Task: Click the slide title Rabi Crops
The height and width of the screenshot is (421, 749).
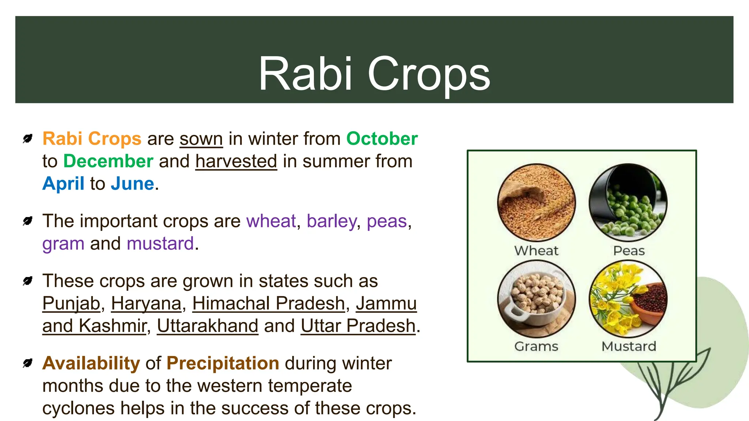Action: click(x=374, y=74)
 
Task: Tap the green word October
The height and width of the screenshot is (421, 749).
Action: click(x=382, y=139)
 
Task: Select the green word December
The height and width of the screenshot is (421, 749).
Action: click(x=108, y=161)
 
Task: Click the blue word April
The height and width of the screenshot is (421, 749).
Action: click(x=63, y=183)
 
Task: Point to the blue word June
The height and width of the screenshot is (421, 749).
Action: click(x=132, y=183)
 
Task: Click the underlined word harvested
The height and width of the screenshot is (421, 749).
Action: click(x=236, y=161)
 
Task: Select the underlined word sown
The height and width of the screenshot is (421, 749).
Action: click(x=201, y=139)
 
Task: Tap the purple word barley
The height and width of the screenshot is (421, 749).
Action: click(x=331, y=221)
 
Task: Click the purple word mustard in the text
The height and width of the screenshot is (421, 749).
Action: click(x=160, y=243)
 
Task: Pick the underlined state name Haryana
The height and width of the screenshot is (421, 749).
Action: click(x=146, y=303)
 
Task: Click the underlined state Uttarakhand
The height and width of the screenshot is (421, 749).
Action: click(x=208, y=326)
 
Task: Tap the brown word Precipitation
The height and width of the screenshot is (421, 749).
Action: click(x=223, y=363)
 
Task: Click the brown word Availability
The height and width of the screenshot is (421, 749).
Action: click(x=91, y=363)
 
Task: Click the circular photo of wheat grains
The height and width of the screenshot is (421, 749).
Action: click(x=536, y=202)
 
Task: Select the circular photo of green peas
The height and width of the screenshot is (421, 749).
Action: click(x=628, y=202)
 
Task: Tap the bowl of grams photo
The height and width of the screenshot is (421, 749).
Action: click(x=536, y=299)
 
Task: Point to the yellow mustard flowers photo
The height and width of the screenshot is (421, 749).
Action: click(x=628, y=299)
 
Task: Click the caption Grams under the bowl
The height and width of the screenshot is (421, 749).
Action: click(x=536, y=346)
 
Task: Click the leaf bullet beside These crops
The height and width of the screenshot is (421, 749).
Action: click(x=27, y=281)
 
